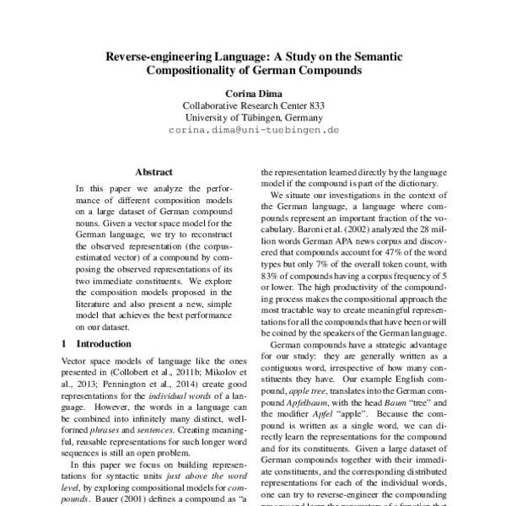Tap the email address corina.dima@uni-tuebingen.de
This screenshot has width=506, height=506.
click(x=253, y=131)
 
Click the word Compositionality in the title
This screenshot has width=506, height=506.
click(x=198, y=72)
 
